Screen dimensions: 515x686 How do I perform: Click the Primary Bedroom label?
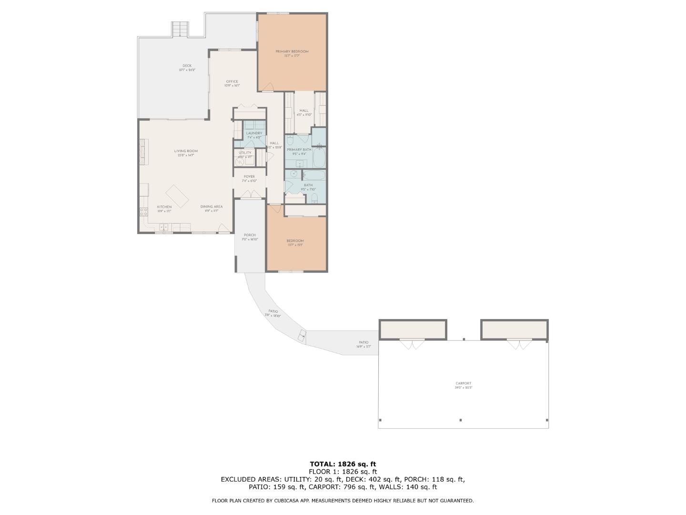click(x=292, y=51)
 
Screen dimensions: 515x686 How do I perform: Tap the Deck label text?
click(x=187, y=66)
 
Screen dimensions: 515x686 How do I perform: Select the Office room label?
click(x=232, y=82)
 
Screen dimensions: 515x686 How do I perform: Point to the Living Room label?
click(x=185, y=151)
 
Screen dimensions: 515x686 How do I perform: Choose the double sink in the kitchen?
click(x=163, y=227)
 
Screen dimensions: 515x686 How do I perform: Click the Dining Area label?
click(x=211, y=207)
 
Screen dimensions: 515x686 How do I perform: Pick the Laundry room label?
click(x=254, y=134)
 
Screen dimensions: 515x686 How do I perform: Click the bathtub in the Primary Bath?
click(x=319, y=157)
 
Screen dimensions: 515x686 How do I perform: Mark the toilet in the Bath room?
click(x=314, y=198)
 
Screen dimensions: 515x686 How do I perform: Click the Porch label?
click(x=250, y=235)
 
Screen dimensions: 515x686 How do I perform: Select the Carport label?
click(x=463, y=383)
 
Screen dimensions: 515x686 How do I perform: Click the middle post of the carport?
click(x=461, y=420)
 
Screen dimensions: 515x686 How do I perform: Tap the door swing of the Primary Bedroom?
click(x=269, y=87)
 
